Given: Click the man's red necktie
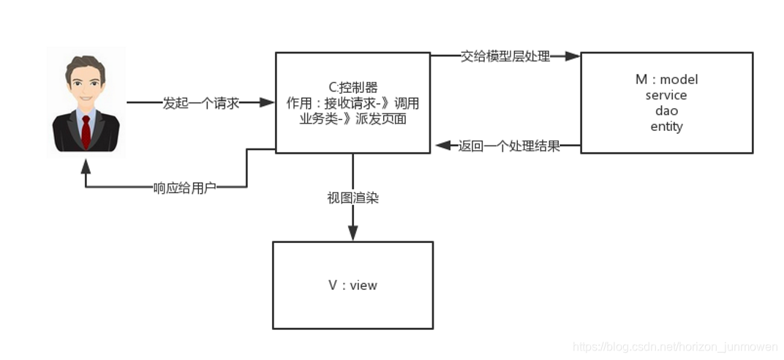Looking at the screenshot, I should pyautogui.click(x=86, y=130).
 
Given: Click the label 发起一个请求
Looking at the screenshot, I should pyautogui.click(x=201, y=103).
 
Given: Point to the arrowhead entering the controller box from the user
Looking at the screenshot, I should pyautogui.click(x=268, y=103).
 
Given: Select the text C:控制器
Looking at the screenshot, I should pyautogui.click(x=353, y=87).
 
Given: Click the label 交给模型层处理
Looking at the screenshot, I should pyautogui.click(x=505, y=56).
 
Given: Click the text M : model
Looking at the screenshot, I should pyautogui.click(x=666, y=80).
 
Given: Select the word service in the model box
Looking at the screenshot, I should pyautogui.click(x=666, y=95).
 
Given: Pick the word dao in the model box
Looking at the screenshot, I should pyautogui.click(x=666, y=110).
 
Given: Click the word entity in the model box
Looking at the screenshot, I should pyautogui.click(x=666, y=127).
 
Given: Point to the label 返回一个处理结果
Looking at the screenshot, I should pyautogui.click(x=509, y=146).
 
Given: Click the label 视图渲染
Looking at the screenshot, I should pyautogui.click(x=353, y=198).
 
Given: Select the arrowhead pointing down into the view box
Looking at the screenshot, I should pyautogui.click(x=353, y=233).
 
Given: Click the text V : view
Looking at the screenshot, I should pyautogui.click(x=353, y=285).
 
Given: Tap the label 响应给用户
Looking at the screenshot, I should pyautogui.click(x=184, y=187).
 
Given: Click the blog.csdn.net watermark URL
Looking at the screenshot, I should pyautogui.click(x=676, y=346).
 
